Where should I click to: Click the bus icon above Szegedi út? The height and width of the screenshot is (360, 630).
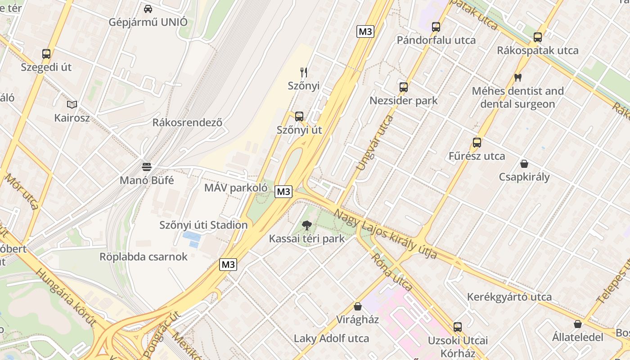click(x=46, y=54)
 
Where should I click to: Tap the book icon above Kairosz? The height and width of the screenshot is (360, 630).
click(x=72, y=104)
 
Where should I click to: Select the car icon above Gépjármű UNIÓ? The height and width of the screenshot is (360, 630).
click(x=148, y=9)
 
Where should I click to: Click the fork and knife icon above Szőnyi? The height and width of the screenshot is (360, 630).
click(x=304, y=72)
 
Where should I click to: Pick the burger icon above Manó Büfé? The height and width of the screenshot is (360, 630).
click(x=147, y=167)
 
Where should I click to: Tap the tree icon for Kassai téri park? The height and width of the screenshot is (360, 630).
click(x=307, y=225)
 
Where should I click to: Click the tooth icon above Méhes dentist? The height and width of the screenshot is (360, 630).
click(x=517, y=77)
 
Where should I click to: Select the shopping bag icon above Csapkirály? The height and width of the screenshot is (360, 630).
click(x=524, y=163)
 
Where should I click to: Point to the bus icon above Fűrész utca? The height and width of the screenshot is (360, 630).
click(x=477, y=143)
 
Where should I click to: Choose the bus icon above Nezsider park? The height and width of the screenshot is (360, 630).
click(x=404, y=87)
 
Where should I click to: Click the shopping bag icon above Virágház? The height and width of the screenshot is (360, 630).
click(x=358, y=306)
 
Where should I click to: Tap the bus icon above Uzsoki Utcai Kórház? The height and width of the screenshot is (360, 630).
click(x=458, y=327)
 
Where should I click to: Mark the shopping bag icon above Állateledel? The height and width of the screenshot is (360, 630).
click(x=578, y=324)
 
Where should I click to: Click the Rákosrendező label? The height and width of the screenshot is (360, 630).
click(x=187, y=122)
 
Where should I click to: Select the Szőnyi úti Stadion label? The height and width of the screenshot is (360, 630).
click(x=203, y=225)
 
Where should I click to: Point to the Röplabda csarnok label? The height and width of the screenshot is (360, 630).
click(x=144, y=257)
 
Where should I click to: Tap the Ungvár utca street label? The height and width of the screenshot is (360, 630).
click(x=374, y=143)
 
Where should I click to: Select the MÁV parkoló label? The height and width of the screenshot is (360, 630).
click(x=236, y=188)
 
